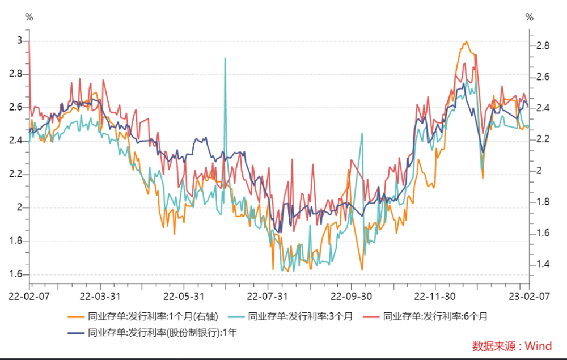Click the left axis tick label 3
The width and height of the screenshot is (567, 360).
[x=20, y=40]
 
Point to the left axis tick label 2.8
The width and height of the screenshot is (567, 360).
[x=15, y=74]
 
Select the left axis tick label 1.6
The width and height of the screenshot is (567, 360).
[x=15, y=274]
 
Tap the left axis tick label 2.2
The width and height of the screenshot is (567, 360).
[x=15, y=174]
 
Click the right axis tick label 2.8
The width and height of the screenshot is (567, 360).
[x=543, y=45]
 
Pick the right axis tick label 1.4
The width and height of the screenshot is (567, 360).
[x=543, y=264]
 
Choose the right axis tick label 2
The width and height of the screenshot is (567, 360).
[x=539, y=170]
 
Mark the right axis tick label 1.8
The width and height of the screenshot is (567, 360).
[x=543, y=201]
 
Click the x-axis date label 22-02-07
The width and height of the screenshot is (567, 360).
[x=29, y=297]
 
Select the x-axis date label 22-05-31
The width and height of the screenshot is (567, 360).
[x=184, y=297]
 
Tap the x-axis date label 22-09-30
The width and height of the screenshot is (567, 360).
[x=351, y=297]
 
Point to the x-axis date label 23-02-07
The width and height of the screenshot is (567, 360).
[x=529, y=297]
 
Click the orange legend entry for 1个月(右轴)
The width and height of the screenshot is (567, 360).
[x=143, y=316]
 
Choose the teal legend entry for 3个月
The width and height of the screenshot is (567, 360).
[x=290, y=316]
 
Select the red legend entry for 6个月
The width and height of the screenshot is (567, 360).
[x=425, y=316]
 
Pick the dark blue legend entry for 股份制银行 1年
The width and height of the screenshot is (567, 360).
[x=153, y=333]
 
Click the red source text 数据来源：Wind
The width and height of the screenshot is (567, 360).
[x=512, y=346]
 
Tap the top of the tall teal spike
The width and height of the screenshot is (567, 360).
[x=225, y=58]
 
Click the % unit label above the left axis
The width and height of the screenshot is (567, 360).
[x=29, y=17]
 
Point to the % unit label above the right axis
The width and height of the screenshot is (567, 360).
[x=530, y=17]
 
